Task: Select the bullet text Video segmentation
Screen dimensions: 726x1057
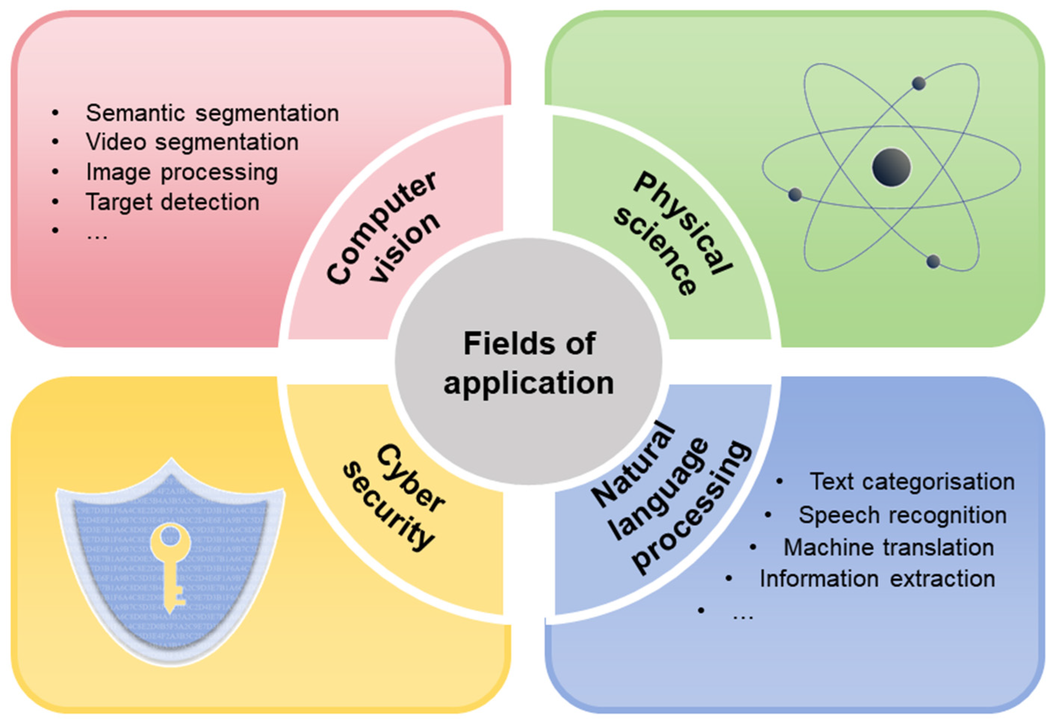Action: [192, 142]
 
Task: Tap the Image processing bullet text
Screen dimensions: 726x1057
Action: [182, 172]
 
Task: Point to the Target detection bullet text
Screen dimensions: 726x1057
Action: [173, 202]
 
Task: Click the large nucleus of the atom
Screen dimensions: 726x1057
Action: [891, 167]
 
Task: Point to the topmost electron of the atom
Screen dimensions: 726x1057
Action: [919, 83]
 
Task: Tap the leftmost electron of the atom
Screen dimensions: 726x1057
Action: [795, 195]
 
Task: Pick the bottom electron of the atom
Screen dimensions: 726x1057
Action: [933, 262]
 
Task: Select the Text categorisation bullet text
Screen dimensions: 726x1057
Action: [912, 482]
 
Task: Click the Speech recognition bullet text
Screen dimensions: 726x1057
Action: [902, 515]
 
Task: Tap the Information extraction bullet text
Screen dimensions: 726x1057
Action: [877, 579]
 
